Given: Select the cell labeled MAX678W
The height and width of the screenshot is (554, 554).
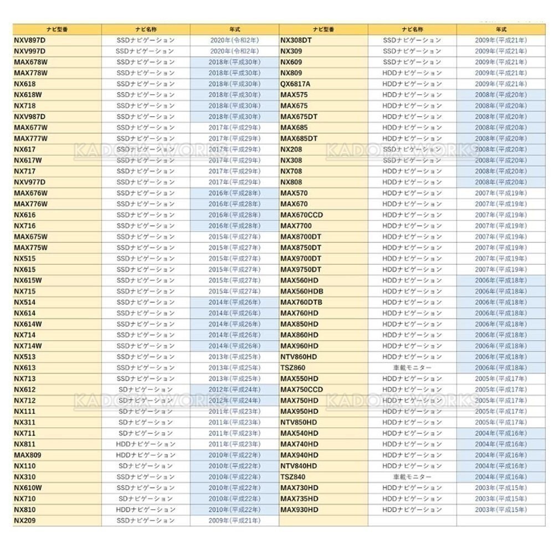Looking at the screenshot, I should tap(31, 61).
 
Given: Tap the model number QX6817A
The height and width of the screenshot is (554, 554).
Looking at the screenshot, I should tap(295, 84).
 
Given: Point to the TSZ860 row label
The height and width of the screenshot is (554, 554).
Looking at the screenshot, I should tap(293, 367).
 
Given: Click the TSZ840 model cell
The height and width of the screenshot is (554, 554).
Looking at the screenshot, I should tap(293, 476).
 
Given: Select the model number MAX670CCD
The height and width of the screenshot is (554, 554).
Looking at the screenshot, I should tap(301, 214).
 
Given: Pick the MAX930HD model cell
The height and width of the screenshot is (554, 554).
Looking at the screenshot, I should tap(299, 509).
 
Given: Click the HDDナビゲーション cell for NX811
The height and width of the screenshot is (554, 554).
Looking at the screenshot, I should tap(146, 444).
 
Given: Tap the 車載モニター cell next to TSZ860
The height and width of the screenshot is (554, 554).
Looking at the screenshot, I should tap(412, 367).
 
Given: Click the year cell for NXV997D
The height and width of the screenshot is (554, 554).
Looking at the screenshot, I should tap(235, 51).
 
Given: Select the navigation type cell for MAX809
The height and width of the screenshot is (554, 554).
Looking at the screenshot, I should tap(146, 455).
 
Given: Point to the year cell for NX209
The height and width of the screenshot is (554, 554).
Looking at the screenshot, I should tap(235, 520).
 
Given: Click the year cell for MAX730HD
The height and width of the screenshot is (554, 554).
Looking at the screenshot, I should tap(501, 488).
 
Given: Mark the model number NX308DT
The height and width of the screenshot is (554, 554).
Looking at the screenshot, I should tap(296, 40).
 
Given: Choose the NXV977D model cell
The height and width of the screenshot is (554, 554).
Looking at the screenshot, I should tap(29, 182).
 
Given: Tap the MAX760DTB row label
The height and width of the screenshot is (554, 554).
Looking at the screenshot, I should tap(301, 302).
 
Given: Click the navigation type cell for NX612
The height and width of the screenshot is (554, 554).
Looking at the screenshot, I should tap(146, 389).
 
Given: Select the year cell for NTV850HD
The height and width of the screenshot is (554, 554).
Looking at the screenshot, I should tap(501, 422).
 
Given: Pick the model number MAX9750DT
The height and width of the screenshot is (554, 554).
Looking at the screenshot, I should tap(300, 269).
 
